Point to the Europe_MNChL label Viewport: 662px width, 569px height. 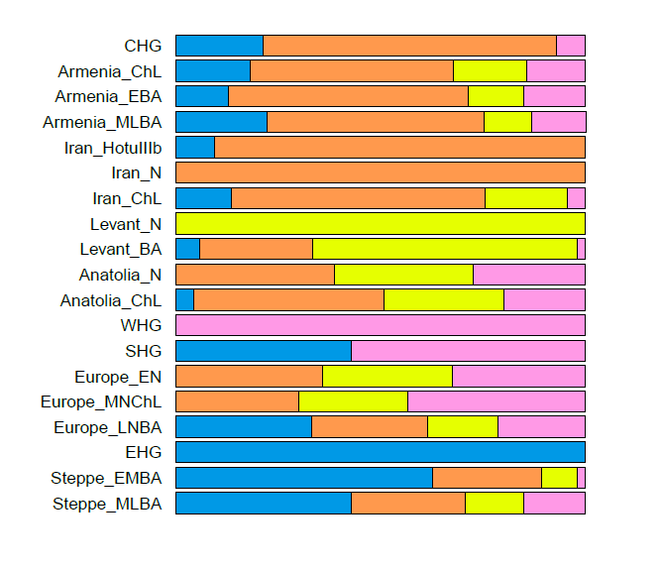point(103,401)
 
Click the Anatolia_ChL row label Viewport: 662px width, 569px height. point(110,300)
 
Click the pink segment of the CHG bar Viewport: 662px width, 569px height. point(570,46)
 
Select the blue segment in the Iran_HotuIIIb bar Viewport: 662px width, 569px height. point(195,148)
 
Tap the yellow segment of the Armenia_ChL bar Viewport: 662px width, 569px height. point(490,71)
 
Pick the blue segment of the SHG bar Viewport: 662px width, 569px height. point(264,351)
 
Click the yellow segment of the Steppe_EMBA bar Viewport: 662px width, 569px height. point(559,478)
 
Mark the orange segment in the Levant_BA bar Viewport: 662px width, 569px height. point(256,249)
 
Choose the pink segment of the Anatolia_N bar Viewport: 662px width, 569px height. point(528,275)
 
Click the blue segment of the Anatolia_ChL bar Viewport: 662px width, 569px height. point(185,300)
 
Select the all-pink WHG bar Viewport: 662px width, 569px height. point(381,325)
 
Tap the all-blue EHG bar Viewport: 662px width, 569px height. point(381,452)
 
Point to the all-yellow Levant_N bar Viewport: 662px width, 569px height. point(381,224)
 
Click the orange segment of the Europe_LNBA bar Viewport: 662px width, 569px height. point(370,427)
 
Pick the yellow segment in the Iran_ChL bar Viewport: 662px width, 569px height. point(525,198)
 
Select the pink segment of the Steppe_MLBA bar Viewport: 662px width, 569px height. point(554,504)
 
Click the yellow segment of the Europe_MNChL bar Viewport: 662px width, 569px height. point(353,401)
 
